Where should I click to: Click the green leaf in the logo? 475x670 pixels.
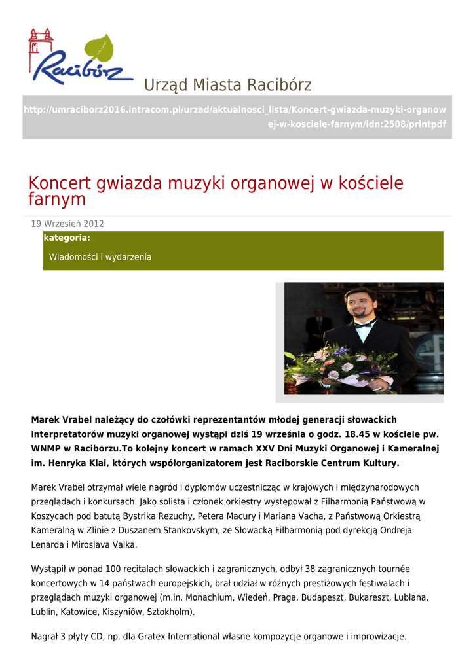[x=100, y=48]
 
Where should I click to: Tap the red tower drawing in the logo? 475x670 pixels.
[x=40, y=46]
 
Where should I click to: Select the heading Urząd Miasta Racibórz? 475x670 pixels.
[x=227, y=85]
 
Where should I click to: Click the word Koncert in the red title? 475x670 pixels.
[x=60, y=183]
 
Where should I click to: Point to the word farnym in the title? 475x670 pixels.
[x=57, y=199]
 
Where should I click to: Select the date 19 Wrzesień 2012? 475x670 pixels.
[x=67, y=224]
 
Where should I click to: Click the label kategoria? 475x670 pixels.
[x=67, y=238]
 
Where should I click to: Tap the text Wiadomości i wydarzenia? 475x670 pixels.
[x=100, y=257]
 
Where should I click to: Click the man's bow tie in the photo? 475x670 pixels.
[x=364, y=323]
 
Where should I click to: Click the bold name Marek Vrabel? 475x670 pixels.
[x=60, y=419]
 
